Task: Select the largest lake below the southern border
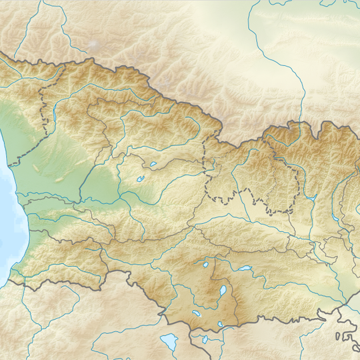pyautogui.click(x=169, y=342)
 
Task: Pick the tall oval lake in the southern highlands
pyautogui.click(x=219, y=293)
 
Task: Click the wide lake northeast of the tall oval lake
pyautogui.click(x=245, y=269)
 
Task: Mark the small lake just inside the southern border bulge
pyautogui.click(x=220, y=325)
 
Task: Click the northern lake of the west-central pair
pyautogui.click(x=153, y=163)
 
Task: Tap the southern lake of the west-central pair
pyautogui.click(x=141, y=179)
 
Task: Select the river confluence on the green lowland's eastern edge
pyautogui.click(x=81, y=198)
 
